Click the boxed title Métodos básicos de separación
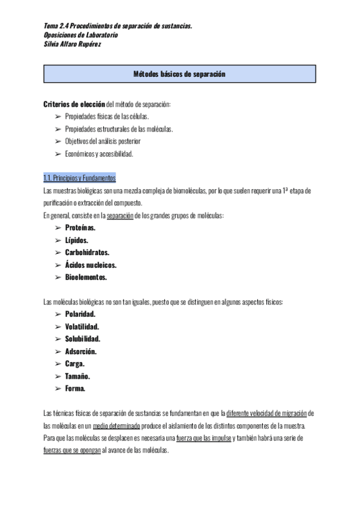coord(179,74)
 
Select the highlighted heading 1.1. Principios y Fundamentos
coord(79,178)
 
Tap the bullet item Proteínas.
coord(81,228)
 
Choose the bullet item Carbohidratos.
coord(87,253)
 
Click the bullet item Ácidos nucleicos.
coord(91,265)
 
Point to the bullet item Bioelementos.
coord(86,277)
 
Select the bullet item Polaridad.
coord(80,314)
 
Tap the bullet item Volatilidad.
coord(82,327)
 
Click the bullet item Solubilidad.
coord(83,339)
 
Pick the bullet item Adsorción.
coord(81,351)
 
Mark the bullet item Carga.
coord(75,364)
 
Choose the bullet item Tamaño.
coord(77,376)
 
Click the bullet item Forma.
coord(76,388)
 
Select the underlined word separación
coord(119,215)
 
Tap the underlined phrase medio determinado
coord(117,426)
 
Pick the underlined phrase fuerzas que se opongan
coord(72,450)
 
